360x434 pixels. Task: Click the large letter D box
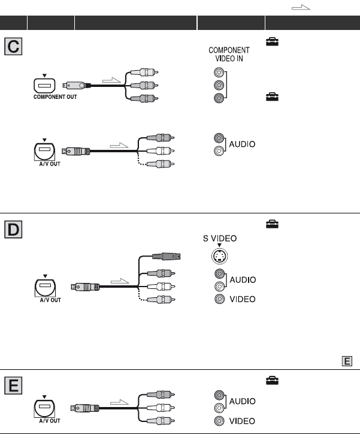pyautogui.click(x=13, y=227)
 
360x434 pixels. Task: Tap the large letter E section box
pyautogui.click(x=13, y=384)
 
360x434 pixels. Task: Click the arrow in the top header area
pyautogui.click(x=300, y=5)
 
